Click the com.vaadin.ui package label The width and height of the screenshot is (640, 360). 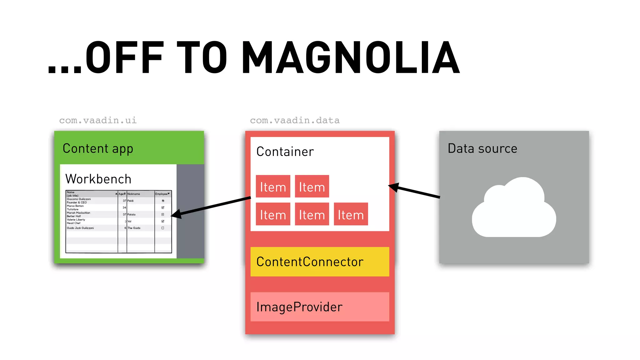tap(98, 120)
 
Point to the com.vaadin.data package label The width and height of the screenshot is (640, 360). tap(295, 120)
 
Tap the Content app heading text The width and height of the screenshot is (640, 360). tap(98, 148)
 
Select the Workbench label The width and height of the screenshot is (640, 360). tap(98, 179)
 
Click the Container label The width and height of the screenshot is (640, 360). tap(285, 152)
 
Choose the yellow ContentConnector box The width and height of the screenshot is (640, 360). tap(320, 262)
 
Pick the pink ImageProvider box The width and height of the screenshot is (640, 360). tap(320, 307)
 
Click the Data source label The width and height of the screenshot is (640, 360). tap(482, 148)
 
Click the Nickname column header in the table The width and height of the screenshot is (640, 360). tap(134, 194)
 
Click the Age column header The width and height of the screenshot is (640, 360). tap(122, 194)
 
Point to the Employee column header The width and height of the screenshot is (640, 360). tap(162, 194)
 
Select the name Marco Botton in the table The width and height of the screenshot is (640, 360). tap(75, 206)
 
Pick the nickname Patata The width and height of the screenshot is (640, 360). tap(132, 214)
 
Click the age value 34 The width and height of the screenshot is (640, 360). tap(124, 207)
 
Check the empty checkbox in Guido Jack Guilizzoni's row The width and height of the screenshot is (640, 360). tap(163, 228)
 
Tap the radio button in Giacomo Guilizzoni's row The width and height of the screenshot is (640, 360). tap(163, 201)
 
